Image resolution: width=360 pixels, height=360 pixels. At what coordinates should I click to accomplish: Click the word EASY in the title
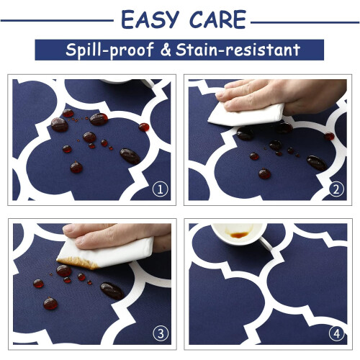coord(150,19)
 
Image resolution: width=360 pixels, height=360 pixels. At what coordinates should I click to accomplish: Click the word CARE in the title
coord(217,19)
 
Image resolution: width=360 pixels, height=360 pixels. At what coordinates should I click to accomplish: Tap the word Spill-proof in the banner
coord(109,50)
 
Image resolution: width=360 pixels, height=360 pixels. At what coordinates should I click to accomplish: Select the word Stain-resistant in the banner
coord(238,50)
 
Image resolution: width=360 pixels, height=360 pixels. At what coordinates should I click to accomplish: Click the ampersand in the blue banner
coord(166,50)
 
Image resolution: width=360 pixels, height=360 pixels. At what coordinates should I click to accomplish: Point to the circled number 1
coord(160,189)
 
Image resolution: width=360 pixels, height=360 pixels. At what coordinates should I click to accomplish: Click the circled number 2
coord(336,189)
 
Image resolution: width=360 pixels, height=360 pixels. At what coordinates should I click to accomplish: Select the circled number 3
coord(161,333)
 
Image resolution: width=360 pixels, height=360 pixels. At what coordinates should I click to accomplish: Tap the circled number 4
coord(336,333)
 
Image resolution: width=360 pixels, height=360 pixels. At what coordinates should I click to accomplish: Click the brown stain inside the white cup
coord(238,234)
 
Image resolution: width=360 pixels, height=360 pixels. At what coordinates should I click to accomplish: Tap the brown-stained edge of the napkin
coord(77,263)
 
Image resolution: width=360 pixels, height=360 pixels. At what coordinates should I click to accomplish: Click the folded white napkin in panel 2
coord(246,114)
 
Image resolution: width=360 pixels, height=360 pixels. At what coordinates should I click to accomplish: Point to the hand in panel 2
coord(281,96)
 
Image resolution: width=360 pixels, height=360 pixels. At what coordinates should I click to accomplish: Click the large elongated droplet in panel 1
coord(130,156)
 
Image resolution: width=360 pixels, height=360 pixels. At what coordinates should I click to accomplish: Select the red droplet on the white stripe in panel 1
coord(144,127)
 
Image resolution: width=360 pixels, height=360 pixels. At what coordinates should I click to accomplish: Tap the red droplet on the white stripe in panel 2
coord(329,136)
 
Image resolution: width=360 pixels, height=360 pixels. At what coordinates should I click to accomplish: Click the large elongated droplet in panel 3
coord(112,291)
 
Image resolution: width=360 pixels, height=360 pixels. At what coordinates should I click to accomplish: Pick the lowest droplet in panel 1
coord(76,167)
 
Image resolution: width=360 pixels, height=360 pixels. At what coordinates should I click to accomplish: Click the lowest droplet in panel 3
coord(50,304)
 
